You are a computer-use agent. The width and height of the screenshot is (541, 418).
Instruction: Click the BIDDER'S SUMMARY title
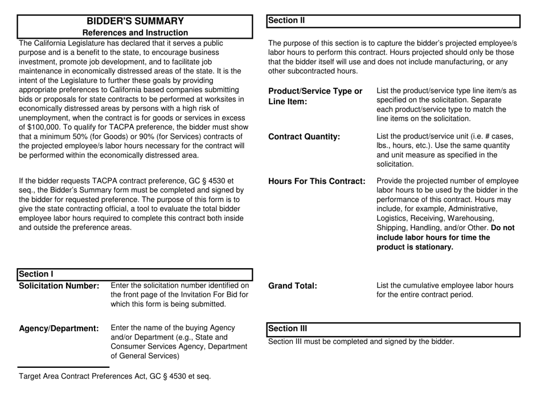(x=135, y=21)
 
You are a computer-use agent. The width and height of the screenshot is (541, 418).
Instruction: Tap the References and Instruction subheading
(x=135, y=33)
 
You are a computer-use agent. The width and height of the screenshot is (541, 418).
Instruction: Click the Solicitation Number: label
(x=60, y=285)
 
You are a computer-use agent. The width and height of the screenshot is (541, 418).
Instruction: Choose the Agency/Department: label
(x=59, y=329)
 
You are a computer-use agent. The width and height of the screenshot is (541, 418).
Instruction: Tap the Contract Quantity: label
(x=304, y=137)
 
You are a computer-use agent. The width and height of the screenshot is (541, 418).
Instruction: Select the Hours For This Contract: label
(x=316, y=182)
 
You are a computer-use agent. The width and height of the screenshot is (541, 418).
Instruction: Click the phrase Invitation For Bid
(x=218, y=294)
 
